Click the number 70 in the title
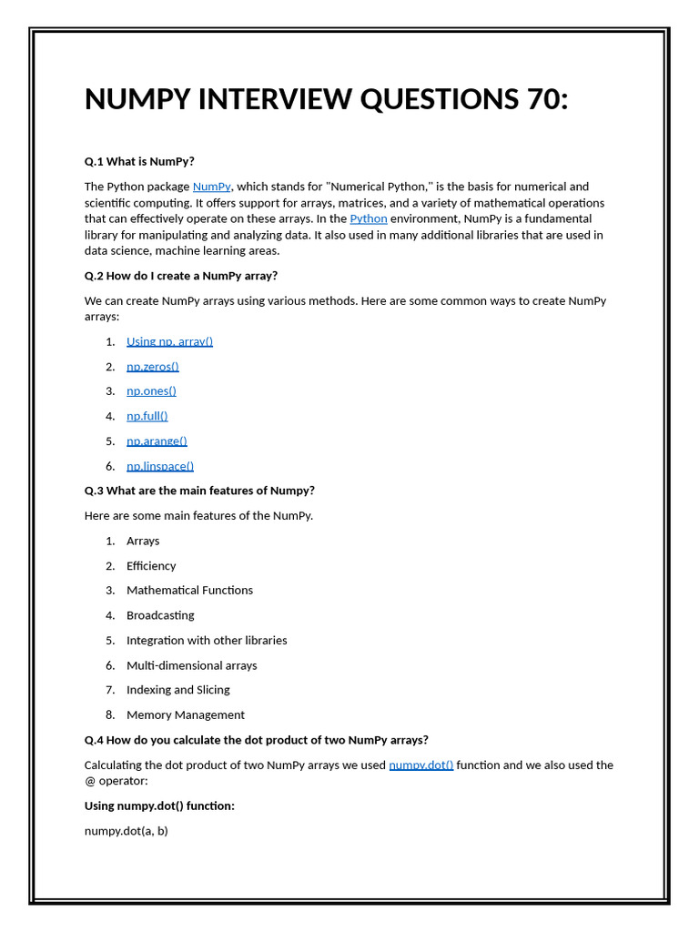542,99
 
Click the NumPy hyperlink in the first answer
211,187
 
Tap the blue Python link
369,218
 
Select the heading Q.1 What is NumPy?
139,162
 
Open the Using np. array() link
169,341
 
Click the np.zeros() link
152,366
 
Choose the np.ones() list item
151,390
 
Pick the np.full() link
147,416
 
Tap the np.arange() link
157,441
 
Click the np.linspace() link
160,466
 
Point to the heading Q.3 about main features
199,491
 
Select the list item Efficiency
151,565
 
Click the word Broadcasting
160,615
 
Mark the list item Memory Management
185,714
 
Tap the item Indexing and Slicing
177,690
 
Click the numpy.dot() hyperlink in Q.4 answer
420,765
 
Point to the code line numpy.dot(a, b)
126,831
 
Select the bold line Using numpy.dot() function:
159,805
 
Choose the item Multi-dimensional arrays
191,665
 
